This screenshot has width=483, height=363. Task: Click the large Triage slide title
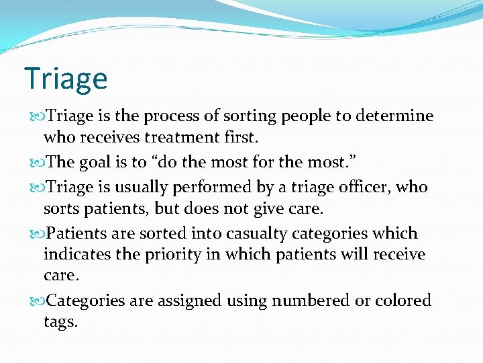(x=65, y=79)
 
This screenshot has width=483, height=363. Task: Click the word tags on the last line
(x=59, y=322)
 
